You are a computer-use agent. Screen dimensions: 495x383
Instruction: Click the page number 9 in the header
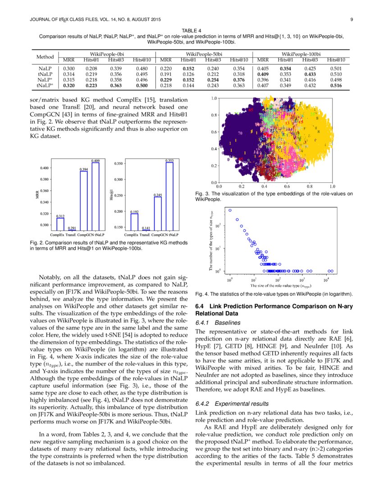point(351,19)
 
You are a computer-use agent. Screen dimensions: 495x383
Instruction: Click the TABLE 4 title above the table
point(191,30)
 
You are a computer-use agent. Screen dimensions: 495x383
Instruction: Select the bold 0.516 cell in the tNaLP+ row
point(336,85)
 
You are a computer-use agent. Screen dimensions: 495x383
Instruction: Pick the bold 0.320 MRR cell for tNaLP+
point(68,85)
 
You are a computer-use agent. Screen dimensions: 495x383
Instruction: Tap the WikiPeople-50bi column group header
point(205,54)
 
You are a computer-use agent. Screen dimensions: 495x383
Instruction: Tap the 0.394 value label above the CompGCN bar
point(84,169)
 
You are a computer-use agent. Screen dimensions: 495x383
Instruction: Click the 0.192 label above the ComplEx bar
point(134,211)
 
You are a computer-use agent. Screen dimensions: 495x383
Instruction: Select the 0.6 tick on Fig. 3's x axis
point(287,186)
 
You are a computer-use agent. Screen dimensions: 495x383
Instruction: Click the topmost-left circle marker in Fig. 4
point(230,210)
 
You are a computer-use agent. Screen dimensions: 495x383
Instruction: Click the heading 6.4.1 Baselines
point(214,323)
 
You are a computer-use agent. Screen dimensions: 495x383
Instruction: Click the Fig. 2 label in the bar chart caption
point(36,243)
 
